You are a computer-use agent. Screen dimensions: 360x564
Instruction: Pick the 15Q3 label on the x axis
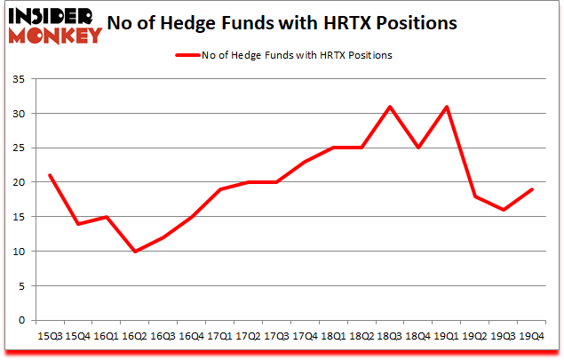pyautogui.click(x=49, y=336)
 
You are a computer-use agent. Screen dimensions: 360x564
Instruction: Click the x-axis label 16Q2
pyautogui.click(x=134, y=336)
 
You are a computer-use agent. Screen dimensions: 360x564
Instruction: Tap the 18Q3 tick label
pyautogui.click(x=390, y=336)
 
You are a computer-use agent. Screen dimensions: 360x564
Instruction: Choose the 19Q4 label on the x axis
pyautogui.click(x=531, y=336)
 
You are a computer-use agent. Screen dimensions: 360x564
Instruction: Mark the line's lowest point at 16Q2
pyautogui.click(x=134, y=252)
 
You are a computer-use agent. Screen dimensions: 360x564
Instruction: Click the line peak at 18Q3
pyautogui.click(x=390, y=107)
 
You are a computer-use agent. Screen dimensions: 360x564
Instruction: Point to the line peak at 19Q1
pyautogui.click(x=447, y=107)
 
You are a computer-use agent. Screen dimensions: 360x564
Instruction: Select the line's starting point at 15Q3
pyautogui.click(x=49, y=175)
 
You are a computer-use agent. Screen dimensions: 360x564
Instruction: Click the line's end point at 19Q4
pyautogui.click(x=531, y=189)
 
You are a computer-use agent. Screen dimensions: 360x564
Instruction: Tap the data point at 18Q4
pyautogui.click(x=418, y=148)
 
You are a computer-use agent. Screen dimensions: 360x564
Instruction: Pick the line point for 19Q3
pyautogui.click(x=503, y=210)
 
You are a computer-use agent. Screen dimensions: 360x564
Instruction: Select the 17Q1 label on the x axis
pyautogui.click(x=219, y=336)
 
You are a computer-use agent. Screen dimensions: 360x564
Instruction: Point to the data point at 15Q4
pyautogui.click(x=77, y=224)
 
